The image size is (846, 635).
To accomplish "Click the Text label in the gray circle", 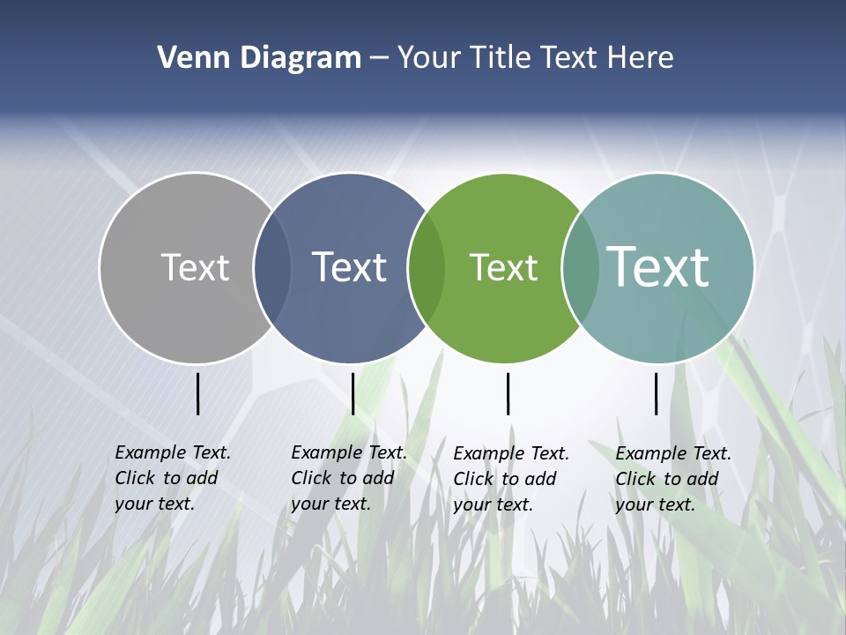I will pos(195,267).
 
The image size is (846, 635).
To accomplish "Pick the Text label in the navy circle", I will pos(349,267).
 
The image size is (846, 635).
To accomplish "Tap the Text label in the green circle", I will pos(503,267).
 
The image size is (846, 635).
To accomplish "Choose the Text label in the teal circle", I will pos(657,266).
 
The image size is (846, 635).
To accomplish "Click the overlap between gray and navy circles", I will pos(273,268).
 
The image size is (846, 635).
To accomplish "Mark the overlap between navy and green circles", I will pos(427,268).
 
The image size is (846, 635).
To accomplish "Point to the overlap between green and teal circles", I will pos(580,268).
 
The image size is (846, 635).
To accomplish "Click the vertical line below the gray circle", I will pos(198,393).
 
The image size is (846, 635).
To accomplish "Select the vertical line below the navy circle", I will pos(352,393).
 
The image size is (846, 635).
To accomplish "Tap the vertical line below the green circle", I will pos(508,393).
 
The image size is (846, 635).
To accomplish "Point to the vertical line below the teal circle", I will pos(657,393).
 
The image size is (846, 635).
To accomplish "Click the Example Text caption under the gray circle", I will pos(172,478).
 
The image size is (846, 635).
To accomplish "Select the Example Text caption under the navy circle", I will pos(348,478).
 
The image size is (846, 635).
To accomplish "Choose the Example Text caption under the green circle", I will pos(510,479).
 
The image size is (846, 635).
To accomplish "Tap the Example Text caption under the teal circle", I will pos(672,479).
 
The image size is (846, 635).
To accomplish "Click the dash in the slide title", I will pos(379,59).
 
